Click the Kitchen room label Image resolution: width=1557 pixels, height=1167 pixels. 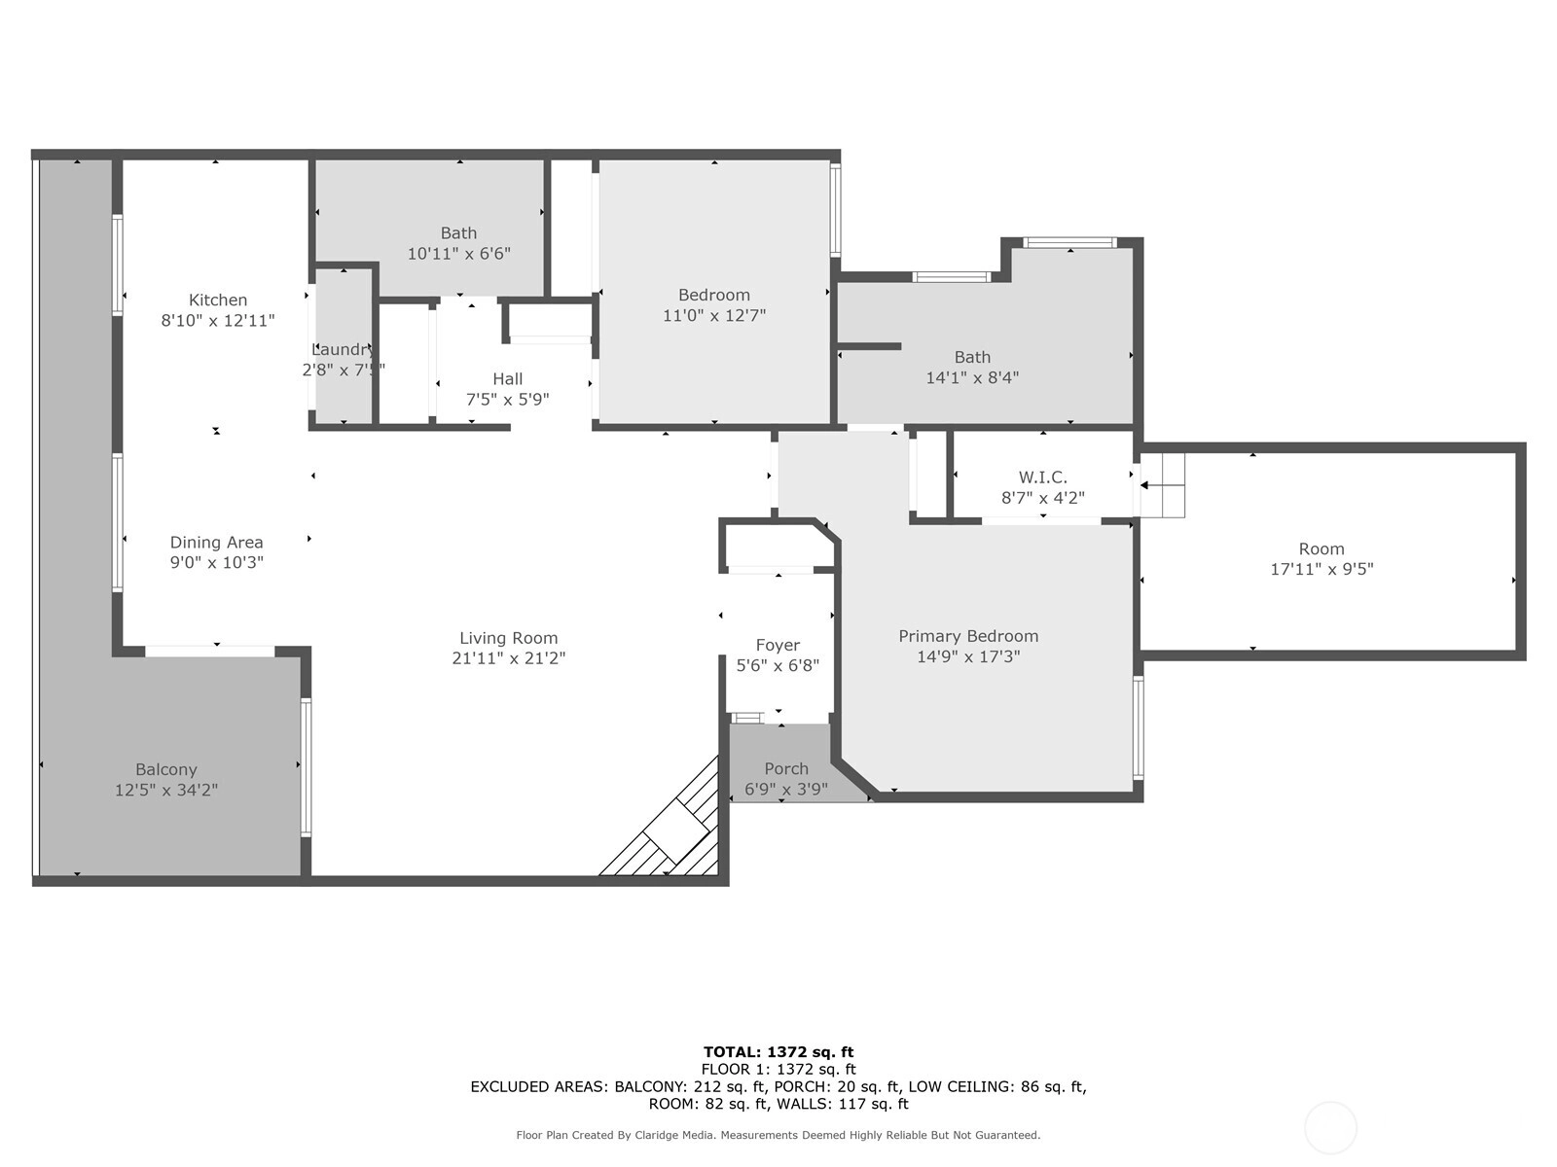pyautogui.click(x=218, y=300)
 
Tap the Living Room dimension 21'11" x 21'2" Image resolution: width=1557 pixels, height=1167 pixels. pyautogui.click(x=509, y=658)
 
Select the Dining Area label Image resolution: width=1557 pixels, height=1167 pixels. pyautogui.click(x=216, y=542)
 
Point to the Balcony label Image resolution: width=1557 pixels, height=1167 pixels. pyautogui.click(x=166, y=769)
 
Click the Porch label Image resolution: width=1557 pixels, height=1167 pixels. pyautogui.click(x=786, y=768)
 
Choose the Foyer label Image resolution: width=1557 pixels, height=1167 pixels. pyautogui.click(x=778, y=645)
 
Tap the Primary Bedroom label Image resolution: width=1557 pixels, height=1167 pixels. pyautogui.click(x=968, y=636)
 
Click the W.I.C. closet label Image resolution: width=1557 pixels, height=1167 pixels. pyautogui.click(x=1043, y=477)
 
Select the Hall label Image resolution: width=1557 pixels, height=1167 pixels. pyautogui.click(x=508, y=378)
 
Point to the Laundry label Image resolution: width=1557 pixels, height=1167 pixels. pyautogui.click(x=344, y=349)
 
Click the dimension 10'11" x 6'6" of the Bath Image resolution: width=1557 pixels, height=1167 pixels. pyautogui.click(x=459, y=253)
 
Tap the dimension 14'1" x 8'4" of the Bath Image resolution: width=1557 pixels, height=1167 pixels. pyautogui.click(x=972, y=377)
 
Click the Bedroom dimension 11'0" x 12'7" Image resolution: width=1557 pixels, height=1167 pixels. pyautogui.click(x=714, y=315)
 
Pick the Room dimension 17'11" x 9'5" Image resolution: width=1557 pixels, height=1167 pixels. pyautogui.click(x=1322, y=568)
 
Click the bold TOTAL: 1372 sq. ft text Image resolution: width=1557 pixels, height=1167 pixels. pyautogui.click(x=778, y=1052)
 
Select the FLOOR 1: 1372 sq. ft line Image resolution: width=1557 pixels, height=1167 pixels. pyautogui.click(x=778, y=1069)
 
